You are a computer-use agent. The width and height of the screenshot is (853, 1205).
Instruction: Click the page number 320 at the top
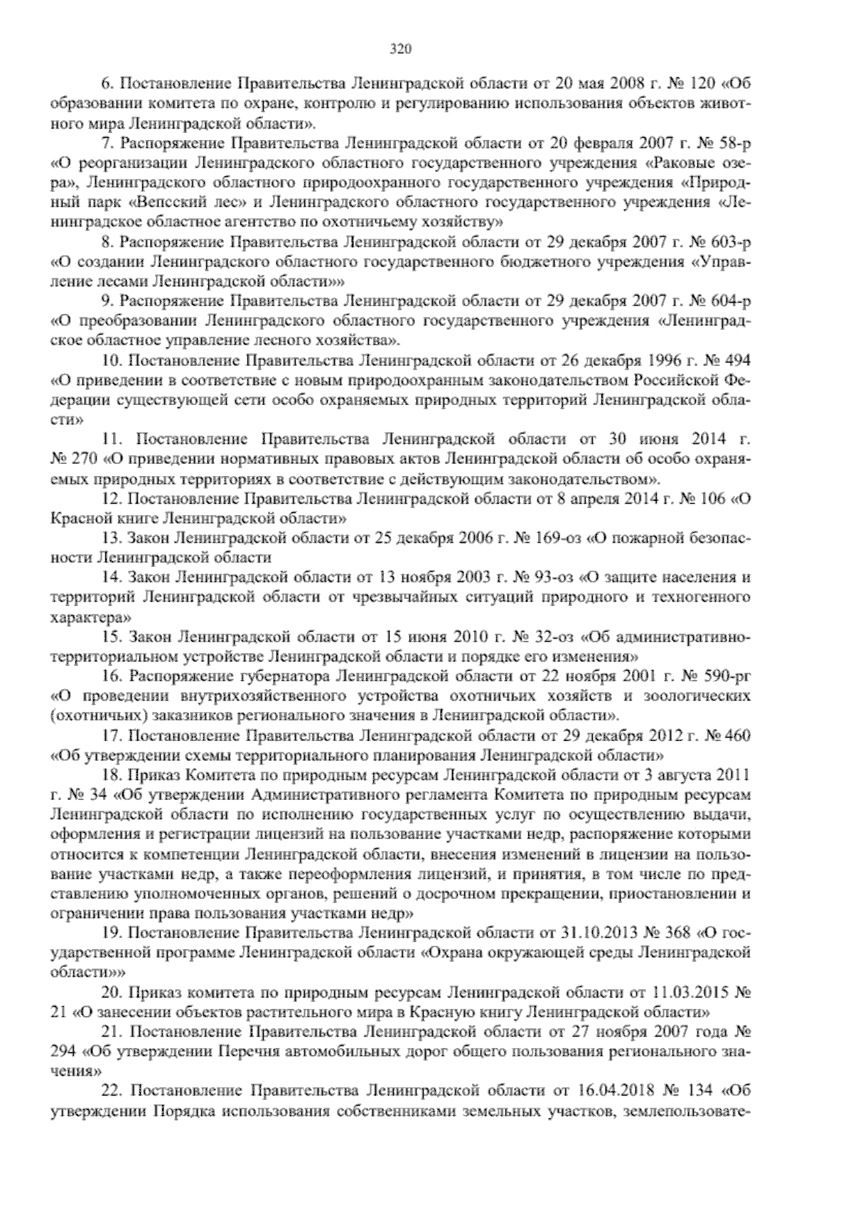click(x=401, y=49)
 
